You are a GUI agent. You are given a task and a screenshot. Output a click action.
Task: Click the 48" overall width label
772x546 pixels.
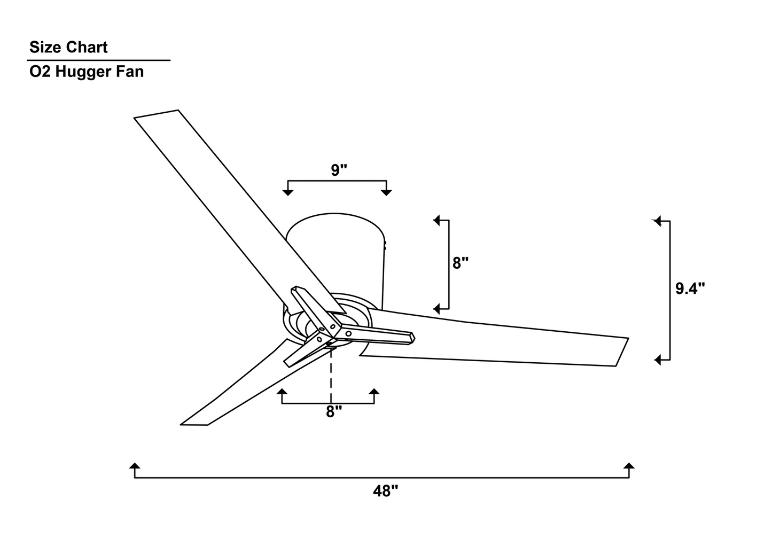pos(385,491)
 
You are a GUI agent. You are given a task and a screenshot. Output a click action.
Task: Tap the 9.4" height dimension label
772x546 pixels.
pos(690,288)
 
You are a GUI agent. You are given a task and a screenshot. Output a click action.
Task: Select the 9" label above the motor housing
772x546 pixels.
pos(339,170)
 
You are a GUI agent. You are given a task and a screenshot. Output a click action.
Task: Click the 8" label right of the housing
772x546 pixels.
pos(460,263)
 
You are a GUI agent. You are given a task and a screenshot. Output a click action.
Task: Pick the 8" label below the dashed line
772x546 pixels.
pos(334,412)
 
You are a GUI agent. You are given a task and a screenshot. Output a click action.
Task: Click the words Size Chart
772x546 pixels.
pos(68,47)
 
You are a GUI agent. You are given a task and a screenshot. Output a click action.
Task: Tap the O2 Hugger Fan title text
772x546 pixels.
pos(87,72)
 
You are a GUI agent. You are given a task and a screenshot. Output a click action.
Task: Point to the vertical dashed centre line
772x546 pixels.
pos(331,374)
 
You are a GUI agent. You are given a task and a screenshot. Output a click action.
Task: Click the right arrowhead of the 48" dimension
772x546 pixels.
pos(629,466)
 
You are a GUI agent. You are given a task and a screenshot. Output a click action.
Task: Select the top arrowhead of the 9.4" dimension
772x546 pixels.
pos(657,221)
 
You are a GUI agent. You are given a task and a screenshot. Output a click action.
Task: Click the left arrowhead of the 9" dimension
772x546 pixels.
pos(288,192)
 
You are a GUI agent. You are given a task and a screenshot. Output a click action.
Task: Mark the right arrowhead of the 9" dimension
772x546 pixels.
pos(386,192)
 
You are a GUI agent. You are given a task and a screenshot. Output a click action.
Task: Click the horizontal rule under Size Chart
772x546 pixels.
pos(99,60)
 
